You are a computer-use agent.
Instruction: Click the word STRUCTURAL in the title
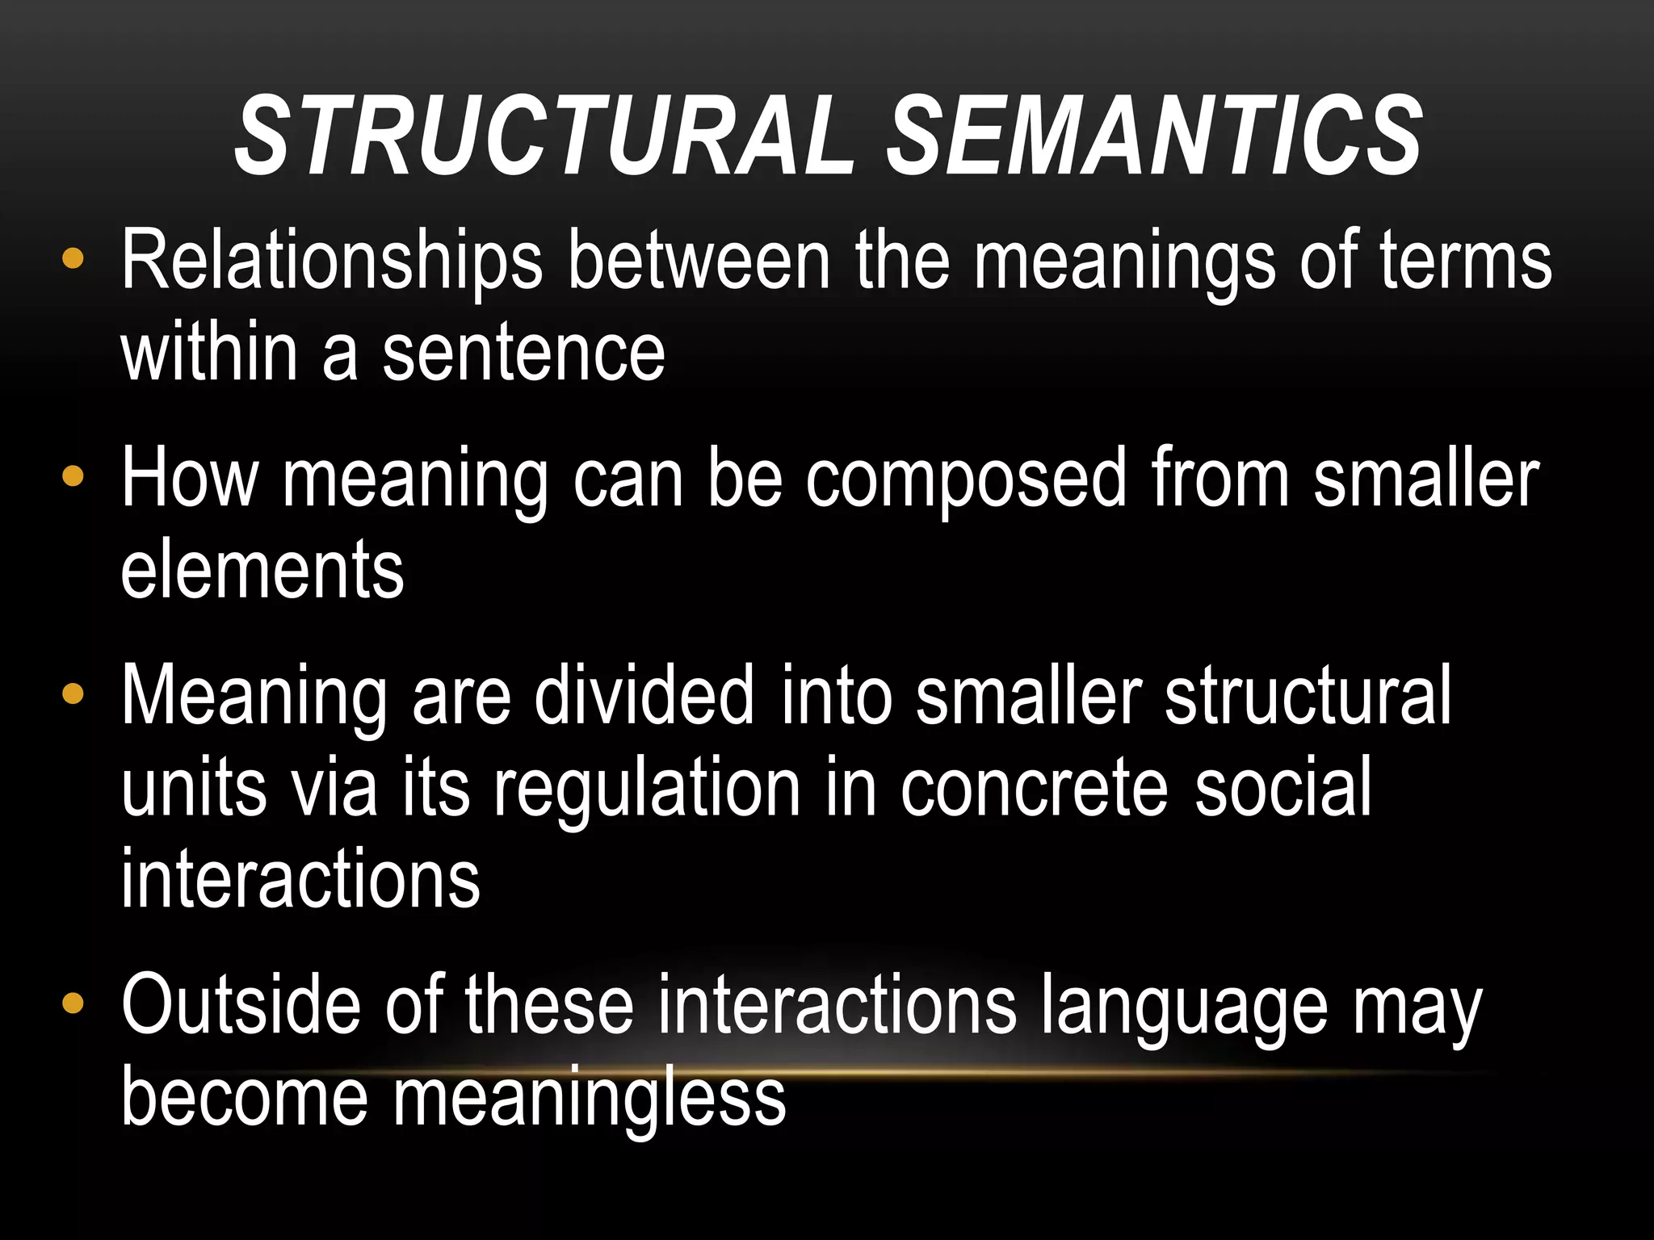[545, 136]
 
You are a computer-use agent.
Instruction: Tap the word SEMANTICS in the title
[1155, 136]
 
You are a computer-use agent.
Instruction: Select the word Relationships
[331, 260]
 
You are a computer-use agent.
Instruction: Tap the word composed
[966, 478]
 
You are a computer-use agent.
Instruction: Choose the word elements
[262, 570]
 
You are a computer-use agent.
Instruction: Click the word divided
[644, 696]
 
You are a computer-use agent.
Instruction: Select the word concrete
[1035, 788]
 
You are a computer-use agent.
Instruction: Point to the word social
[1283, 788]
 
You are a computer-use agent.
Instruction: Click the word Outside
[240, 1005]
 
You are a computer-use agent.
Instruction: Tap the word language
[1184, 1005]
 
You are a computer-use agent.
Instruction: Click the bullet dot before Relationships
[73, 259]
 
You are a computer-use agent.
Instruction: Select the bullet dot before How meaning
[73, 477]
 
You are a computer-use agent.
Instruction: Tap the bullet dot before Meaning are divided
[73, 694]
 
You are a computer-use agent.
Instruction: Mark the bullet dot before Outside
[73, 1003]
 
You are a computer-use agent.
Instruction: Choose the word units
[194, 788]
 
